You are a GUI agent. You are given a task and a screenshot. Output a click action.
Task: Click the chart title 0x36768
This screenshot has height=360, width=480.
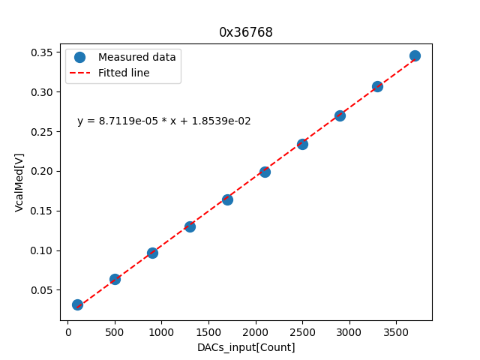(x=245, y=32)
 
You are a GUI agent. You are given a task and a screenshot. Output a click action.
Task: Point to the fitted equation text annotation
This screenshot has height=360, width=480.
(x=164, y=121)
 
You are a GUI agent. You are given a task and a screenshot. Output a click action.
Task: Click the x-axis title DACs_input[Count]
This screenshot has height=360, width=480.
(x=246, y=347)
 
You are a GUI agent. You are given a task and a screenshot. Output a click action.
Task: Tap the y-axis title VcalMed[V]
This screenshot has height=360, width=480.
(x=19, y=182)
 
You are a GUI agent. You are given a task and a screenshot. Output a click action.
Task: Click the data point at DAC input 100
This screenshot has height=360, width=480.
(x=77, y=304)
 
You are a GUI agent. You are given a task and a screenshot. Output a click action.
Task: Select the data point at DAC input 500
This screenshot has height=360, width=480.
(x=115, y=279)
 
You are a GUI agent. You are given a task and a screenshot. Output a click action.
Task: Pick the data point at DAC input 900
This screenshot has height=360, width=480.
(x=152, y=253)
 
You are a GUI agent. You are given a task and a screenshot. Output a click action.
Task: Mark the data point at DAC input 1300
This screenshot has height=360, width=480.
(x=190, y=226)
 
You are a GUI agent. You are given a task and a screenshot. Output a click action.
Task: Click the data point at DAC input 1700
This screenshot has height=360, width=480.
(x=227, y=199)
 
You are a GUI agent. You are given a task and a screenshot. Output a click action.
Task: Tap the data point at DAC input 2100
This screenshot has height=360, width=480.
(x=265, y=172)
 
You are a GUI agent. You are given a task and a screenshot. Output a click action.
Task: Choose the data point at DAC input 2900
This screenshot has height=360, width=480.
(x=340, y=115)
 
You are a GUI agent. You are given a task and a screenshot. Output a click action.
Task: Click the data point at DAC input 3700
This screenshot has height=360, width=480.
(x=415, y=55)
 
